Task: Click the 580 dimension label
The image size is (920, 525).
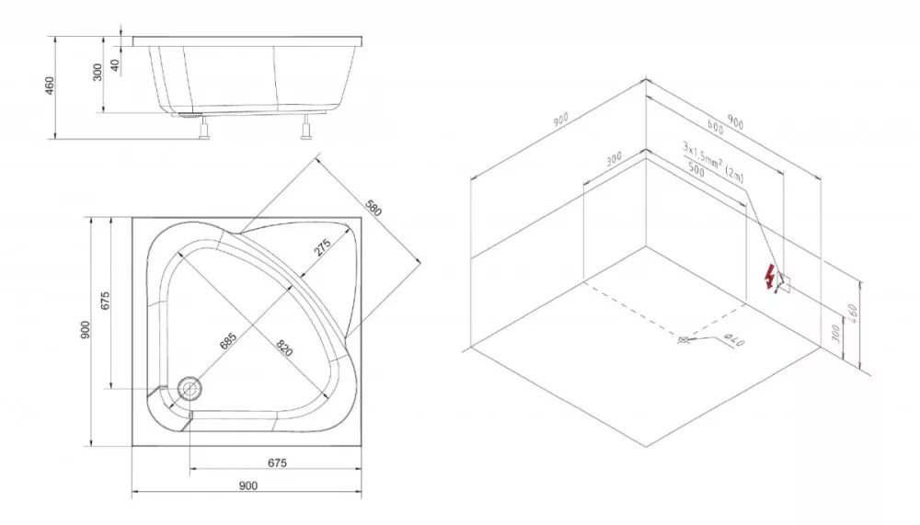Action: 374,208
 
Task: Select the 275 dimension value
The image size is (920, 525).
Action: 323,247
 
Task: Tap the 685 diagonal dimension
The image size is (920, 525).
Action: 227,341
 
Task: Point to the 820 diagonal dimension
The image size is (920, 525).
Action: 284,348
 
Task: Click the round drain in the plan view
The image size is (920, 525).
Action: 190,388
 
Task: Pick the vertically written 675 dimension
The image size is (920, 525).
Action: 106,301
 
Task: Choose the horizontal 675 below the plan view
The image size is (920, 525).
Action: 277,462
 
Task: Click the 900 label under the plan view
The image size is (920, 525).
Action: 248,485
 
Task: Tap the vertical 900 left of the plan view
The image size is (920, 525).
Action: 86,330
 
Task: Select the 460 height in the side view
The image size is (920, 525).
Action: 50,86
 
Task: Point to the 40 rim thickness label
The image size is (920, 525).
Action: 116,65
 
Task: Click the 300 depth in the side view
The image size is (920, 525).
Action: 98,72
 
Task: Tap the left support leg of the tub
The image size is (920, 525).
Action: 204,127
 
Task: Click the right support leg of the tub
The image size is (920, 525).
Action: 305,127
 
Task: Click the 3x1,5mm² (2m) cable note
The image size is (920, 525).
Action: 713,161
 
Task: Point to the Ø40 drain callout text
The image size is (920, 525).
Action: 734,339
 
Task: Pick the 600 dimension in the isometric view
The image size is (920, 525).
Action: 715,127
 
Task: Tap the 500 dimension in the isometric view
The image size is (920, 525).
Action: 696,169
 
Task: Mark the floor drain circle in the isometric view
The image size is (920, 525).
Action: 683,339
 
